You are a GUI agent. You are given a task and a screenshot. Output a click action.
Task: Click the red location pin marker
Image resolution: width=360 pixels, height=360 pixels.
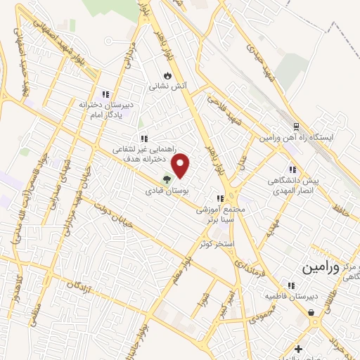[x=181, y=165]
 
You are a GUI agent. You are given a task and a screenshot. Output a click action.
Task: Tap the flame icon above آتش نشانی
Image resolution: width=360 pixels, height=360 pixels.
[x=167, y=75]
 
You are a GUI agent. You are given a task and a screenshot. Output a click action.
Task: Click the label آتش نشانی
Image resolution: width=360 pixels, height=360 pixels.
[x=167, y=86]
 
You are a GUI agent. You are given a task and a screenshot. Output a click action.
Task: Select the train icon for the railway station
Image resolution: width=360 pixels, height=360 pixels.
[x=297, y=127]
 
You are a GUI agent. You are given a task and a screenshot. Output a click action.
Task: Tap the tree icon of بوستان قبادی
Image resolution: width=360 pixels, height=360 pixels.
[x=167, y=179]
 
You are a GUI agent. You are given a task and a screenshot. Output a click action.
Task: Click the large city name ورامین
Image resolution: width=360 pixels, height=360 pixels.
[x=325, y=268]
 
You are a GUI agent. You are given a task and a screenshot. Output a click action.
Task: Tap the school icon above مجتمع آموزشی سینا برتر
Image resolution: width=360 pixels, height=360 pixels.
[x=220, y=198]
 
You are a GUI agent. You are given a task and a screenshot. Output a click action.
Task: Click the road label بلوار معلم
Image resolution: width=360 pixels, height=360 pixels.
[x=176, y=268]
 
